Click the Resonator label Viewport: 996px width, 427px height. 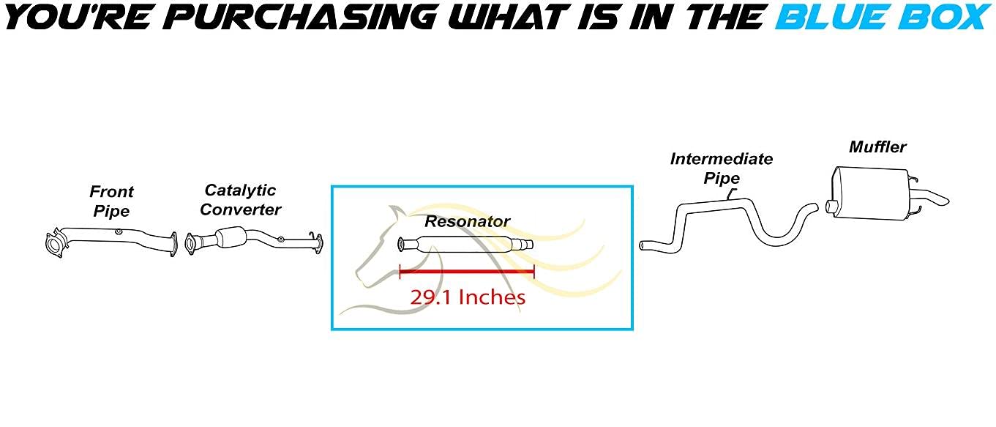[x=467, y=221]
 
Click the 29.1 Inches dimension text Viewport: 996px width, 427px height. [x=468, y=297]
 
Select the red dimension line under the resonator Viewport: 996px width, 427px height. [x=467, y=272]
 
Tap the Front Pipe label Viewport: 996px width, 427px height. [x=111, y=201]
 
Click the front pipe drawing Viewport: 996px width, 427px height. [x=110, y=239]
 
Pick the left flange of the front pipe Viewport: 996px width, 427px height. [x=53, y=245]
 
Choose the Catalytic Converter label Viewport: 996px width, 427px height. [x=240, y=200]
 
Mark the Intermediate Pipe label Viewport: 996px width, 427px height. [x=722, y=168]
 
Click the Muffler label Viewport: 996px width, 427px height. [x=877, y=147]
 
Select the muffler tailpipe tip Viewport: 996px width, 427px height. [x=940, y=198]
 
